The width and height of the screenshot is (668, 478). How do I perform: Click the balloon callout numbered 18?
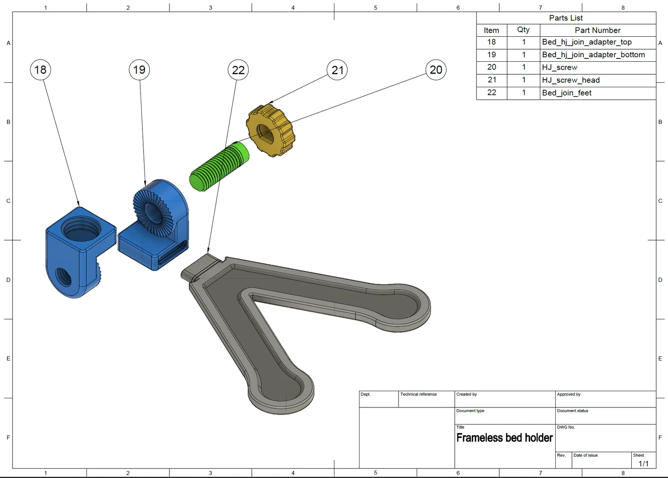(40, 70)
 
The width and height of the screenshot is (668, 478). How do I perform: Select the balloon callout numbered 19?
(139, 70)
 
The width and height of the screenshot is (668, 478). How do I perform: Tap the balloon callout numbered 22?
(238, 70)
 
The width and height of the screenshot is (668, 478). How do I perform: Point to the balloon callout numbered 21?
(337, 70)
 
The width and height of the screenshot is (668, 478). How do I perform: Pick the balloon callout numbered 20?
(436, 70)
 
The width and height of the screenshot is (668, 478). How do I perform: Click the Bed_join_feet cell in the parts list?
(567, 93)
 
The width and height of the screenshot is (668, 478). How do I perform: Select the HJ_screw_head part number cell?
(571, 80)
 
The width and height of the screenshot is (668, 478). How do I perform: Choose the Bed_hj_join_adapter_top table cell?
(587, 42)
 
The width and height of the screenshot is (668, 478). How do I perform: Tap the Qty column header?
(523, 30)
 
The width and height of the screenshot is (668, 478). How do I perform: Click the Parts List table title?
(566, 18)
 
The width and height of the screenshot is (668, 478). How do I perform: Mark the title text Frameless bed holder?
(504, 438)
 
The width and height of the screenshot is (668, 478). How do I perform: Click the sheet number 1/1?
(643, 463)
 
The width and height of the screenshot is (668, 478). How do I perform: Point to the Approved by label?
(569, 394)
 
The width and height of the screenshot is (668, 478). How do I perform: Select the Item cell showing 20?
(491, 67)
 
